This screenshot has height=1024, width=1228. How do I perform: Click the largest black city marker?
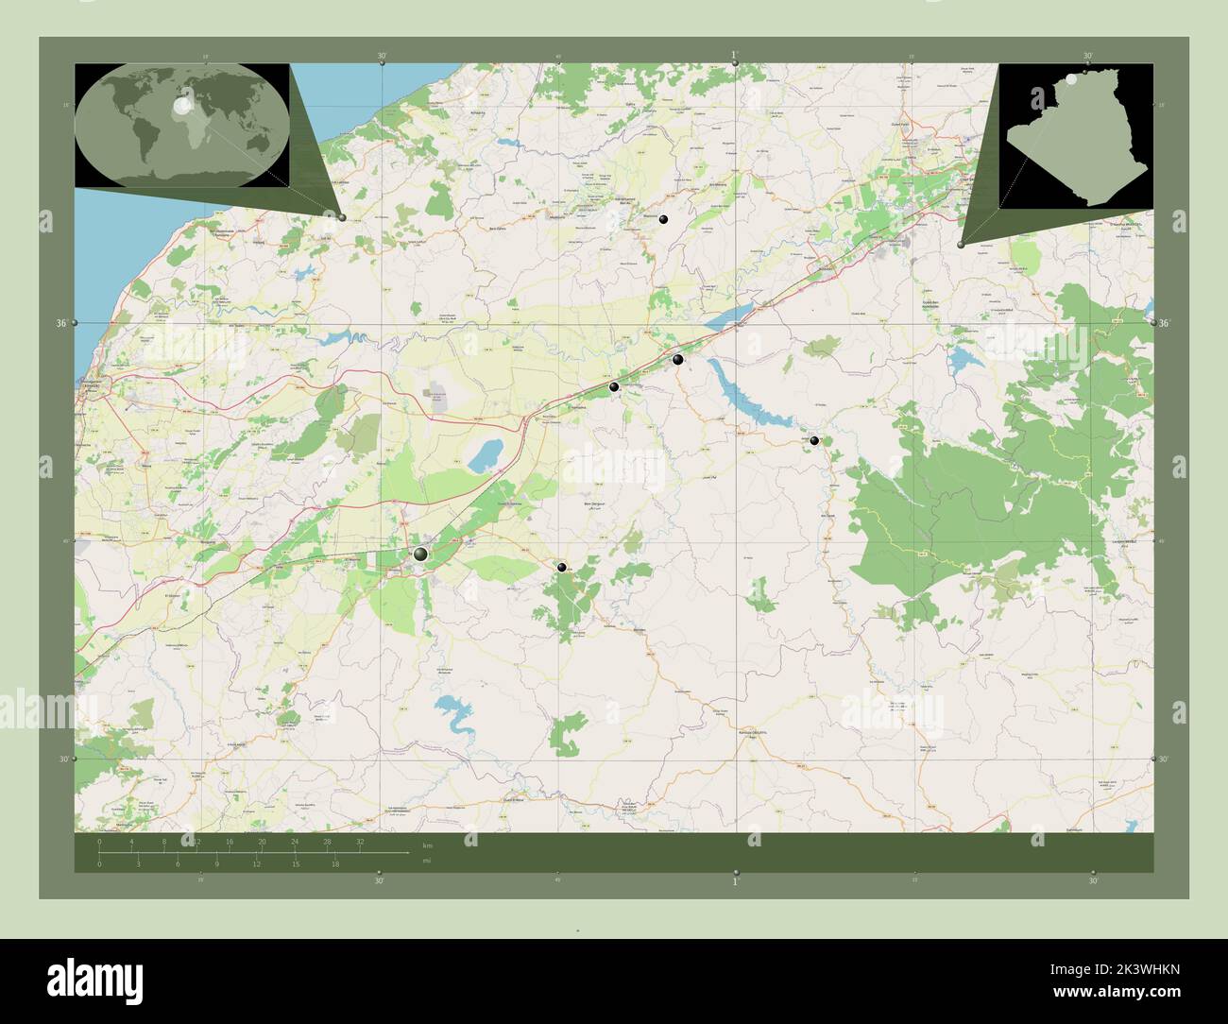tap(420, 554)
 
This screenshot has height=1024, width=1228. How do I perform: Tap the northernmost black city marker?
tap(664, 219)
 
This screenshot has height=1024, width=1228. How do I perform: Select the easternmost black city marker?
tap(814, 440)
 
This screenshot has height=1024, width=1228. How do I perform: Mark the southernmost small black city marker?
tap(562, 567)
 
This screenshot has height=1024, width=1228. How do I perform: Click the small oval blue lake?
tap(485, 457)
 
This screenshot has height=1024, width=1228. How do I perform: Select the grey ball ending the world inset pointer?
tap(342, 217)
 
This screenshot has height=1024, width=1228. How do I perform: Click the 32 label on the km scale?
tap(360, 841)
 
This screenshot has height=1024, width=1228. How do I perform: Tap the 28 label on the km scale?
tap(327, 841)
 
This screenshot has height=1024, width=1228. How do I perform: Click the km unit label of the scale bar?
tap(427, 845)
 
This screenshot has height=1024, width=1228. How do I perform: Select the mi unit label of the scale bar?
tap(427, 861)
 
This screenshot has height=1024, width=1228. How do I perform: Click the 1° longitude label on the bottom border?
tap(736, 881)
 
